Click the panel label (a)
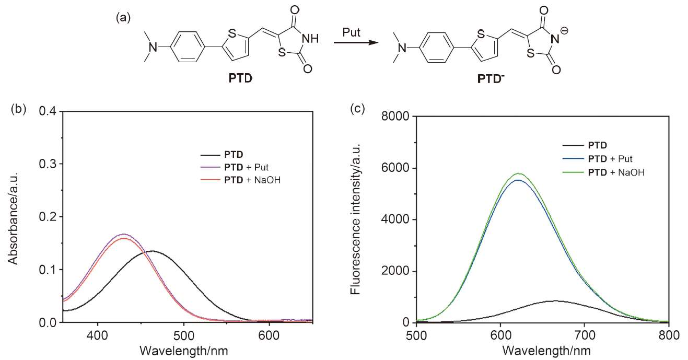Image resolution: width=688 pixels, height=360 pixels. (123, 18)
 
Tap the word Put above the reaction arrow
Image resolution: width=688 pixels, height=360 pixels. (351, 32)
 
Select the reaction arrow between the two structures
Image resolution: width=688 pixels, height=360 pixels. (355, 43)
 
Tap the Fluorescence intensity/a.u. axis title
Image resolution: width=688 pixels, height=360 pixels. (356, 219)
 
